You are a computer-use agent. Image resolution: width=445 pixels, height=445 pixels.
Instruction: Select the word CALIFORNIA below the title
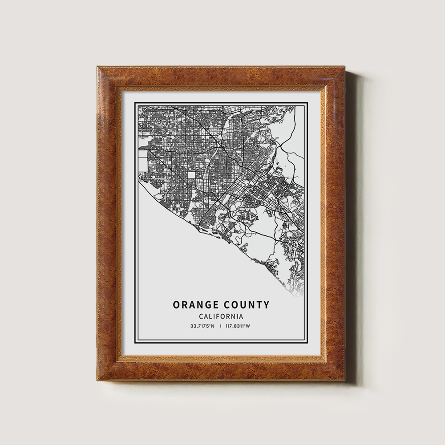click(221, 316)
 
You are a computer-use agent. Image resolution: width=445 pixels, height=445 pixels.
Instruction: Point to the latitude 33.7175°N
click(202, 326)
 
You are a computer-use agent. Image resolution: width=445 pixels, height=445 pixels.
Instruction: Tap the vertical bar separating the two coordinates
click(220, 326)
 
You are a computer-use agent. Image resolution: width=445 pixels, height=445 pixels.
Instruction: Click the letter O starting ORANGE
click(176, 305)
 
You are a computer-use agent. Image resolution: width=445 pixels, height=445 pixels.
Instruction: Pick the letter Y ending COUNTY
click(266, 305)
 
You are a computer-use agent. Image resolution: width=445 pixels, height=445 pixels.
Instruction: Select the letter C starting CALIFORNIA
click(202, 316)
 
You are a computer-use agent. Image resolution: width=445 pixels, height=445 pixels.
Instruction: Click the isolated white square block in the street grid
click(191, 175)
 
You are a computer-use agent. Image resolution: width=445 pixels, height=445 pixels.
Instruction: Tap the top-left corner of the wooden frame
click(97, 67)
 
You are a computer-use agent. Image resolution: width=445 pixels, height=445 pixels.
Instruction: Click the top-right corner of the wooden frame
click(345, 67)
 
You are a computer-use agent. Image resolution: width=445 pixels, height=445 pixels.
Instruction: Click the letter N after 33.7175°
click(213, 326)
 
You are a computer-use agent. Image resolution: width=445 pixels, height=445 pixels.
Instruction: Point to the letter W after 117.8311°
click(248, 326)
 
